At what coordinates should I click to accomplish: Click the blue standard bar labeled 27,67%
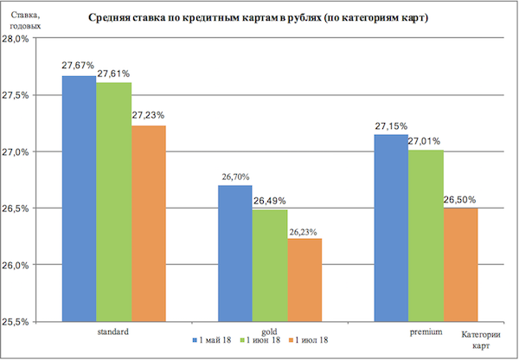[x=79, y=198]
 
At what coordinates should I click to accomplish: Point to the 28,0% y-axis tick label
[x=18, y=39]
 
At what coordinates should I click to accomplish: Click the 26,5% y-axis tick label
[x=18, y=209]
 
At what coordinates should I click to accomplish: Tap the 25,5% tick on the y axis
[x=18, y=321]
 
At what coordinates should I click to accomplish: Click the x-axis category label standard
[x=112, y=332]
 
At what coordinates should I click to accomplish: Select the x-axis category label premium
[x=426, y=332]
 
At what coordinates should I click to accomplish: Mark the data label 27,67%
[x=77, y=66]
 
